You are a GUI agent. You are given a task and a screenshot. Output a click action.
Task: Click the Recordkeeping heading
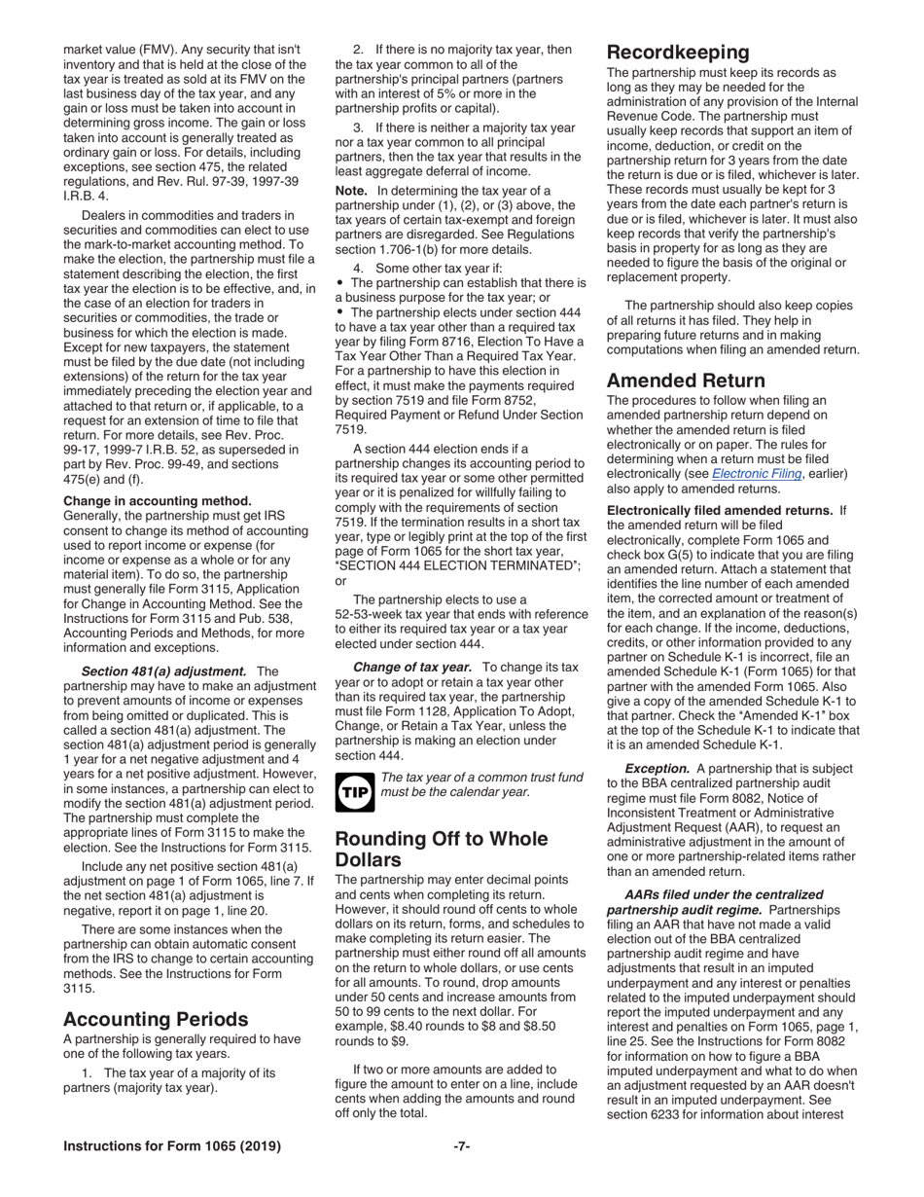(678, 53)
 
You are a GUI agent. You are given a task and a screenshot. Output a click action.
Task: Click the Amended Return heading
(686, 381)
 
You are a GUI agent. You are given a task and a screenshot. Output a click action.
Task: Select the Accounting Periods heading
(156, 1019)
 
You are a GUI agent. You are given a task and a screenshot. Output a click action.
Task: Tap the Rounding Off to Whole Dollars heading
(441, 850)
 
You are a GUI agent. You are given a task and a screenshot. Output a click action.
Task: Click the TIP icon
(353, 792)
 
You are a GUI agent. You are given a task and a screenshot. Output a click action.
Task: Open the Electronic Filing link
(757, 473)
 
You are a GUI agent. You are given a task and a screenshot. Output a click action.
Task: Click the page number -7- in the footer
(462, 1146)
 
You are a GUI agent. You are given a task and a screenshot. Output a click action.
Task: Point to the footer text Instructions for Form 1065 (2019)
(172, 1146)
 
